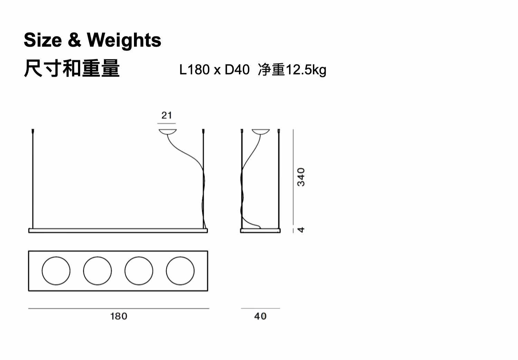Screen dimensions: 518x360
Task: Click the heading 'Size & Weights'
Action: click(92, 40)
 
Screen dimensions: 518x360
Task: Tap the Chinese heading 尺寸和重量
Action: click(71, 68)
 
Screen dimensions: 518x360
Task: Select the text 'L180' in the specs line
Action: click(194, 70)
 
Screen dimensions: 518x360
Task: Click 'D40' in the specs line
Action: click(237, 70)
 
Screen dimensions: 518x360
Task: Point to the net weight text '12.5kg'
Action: click(305, 70)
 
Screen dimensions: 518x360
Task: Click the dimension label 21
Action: click(167, 115)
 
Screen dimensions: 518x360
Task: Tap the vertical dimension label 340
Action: click(301, 177)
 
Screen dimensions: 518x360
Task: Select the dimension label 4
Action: click(301, 230)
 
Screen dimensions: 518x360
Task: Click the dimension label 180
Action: click(118, 316)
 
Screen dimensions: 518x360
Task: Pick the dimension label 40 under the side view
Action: click(260, 316)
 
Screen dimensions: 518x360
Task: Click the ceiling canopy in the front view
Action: click(167, 132)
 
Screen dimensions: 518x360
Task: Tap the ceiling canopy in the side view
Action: click(260, 132)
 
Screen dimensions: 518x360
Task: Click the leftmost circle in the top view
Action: click(56, 271)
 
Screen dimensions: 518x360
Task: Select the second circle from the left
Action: click(97, 271)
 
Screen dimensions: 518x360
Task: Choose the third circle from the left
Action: click(139, 271)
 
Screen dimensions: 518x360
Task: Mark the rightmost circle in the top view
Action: click(180, 271)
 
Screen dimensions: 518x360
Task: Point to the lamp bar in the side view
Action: click(260, 230)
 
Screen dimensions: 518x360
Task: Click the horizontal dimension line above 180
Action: click(118, 308)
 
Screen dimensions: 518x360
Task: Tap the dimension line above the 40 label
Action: click(260, 308)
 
